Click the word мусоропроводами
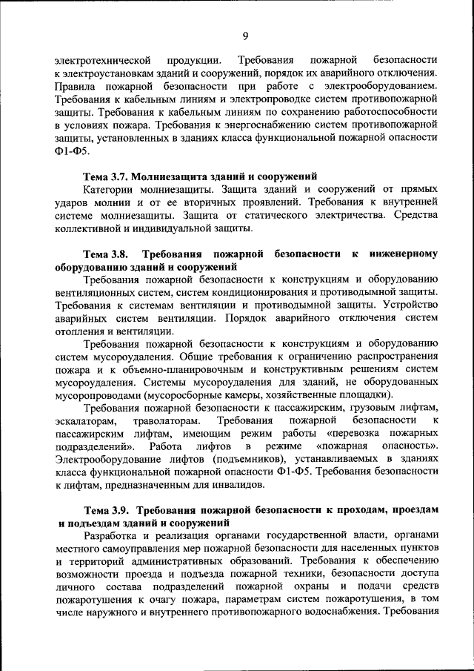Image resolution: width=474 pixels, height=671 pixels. [x=100, y=395]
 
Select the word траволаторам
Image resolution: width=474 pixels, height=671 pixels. [x=168, y=421]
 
